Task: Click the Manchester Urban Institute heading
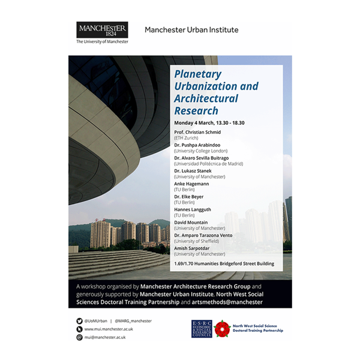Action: coord(191,30)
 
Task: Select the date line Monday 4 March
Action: coord(209,123)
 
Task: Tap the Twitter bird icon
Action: coord(79,321)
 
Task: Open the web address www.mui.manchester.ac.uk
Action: coord(109,329)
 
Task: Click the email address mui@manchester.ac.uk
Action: coord(106,338)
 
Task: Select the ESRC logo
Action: coord(202,328)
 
